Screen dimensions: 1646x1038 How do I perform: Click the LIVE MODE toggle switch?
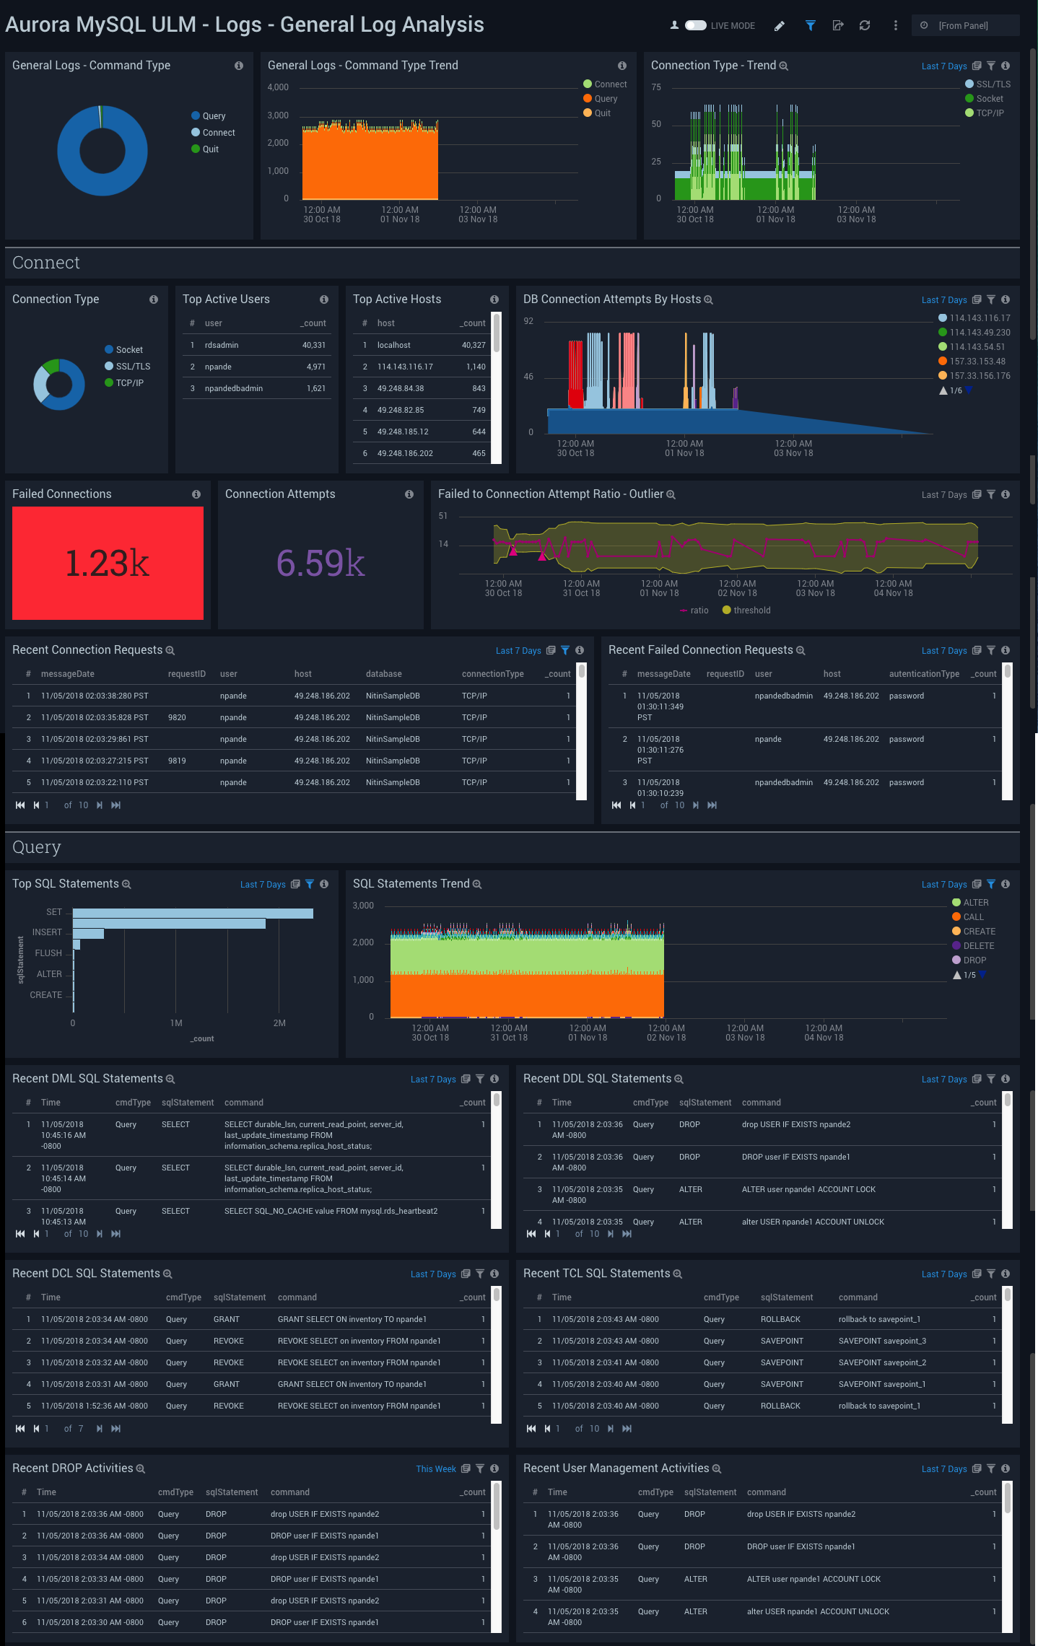click(695, 25)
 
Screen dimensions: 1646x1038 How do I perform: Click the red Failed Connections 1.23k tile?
click(108, 563)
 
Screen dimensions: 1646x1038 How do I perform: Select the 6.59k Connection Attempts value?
click(320, 563)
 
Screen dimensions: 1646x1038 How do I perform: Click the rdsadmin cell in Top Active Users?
click(221, 345)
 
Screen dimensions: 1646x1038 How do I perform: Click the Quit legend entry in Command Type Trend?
click(602, 113)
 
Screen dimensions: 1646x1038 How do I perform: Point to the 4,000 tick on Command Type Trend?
click(278, 87)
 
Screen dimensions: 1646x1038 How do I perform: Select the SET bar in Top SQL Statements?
click(193, 913)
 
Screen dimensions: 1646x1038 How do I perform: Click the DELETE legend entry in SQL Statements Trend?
click(978, 946)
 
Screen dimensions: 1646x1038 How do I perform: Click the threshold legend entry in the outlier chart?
click(751, 610)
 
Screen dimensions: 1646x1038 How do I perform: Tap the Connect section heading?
click(46, 263)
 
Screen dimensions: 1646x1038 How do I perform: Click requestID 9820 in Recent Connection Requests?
click(177, 717)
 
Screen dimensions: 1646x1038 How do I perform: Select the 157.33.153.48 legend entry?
click(977, 362)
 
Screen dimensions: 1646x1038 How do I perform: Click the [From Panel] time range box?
click(964, 25)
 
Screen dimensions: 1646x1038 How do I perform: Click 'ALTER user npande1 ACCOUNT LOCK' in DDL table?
click(808, 1189)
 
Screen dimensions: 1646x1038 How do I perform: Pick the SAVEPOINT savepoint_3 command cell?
click(882, 1341)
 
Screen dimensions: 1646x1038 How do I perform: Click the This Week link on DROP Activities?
click(435, 1468)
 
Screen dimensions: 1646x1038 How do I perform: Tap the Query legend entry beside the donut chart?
click(213, 116)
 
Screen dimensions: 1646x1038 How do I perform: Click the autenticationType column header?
click(923, 674)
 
